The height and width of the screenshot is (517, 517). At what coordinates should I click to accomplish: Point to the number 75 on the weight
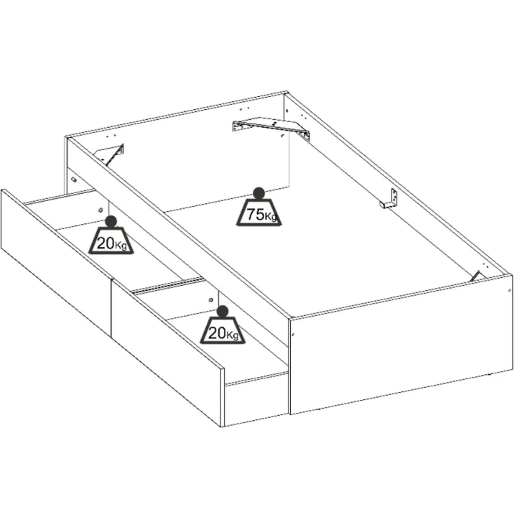(256, 214)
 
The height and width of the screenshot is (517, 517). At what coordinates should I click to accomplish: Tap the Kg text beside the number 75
(271, 217)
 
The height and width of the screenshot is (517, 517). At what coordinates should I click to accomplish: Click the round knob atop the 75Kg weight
(258, 193)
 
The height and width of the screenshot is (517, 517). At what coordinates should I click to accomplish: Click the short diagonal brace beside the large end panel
(475, 276)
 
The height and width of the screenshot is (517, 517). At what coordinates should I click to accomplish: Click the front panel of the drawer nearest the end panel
(167, 353)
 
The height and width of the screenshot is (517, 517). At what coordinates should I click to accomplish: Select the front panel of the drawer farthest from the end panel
(57, 263)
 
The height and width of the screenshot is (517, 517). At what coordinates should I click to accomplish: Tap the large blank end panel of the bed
(401, 345)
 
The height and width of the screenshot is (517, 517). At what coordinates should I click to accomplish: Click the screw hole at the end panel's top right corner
(510, 291)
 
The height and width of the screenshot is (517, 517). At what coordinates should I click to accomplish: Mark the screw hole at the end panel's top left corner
(293, 335)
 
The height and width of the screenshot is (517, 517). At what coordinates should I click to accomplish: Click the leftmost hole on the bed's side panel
(74, 180)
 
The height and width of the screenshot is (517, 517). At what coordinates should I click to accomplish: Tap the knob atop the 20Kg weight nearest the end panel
(223, 311)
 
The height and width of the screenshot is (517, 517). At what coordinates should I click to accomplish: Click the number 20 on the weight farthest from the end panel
(106, 243)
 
